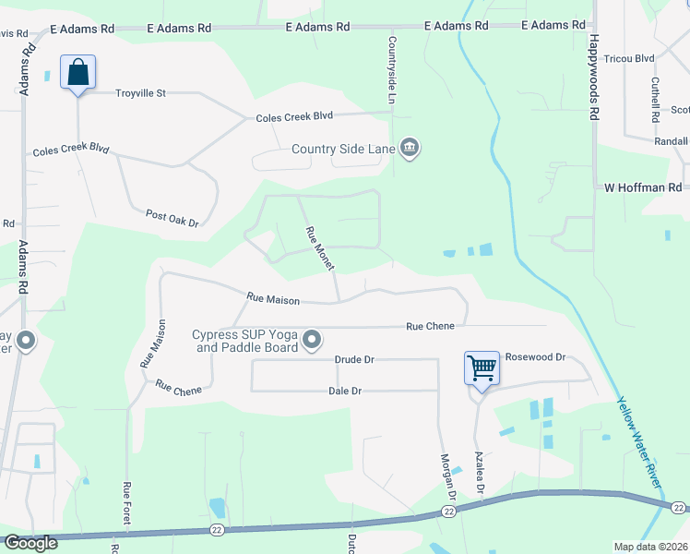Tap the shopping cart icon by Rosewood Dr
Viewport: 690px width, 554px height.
pyautogui.click(x=482, y=368)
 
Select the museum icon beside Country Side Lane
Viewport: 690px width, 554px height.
pyautogui.click(x=410, y=148)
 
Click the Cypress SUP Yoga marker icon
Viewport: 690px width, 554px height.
pyautogui.click(x=313, y=341)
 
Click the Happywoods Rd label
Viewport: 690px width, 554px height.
pyautogui.click(x=595, y=78)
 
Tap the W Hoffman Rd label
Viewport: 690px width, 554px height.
pyautogui.click(x=642, y=187)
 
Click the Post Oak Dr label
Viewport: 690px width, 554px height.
pyautogui.click(x=172, y=218)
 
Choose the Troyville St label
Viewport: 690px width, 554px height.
pyautogui.click(x=140, y=93)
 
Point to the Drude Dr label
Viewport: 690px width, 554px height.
pyautogui.click(x=354, y=359)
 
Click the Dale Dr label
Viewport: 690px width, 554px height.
pyautogui.click(x=344, y=391)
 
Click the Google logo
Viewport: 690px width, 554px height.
pyautogui.click(x=30, y=542)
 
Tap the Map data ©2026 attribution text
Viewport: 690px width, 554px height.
pyautogui.click(x=650, y=547)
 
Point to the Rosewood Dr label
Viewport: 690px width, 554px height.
pyautogui.click(x=535, y=357)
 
